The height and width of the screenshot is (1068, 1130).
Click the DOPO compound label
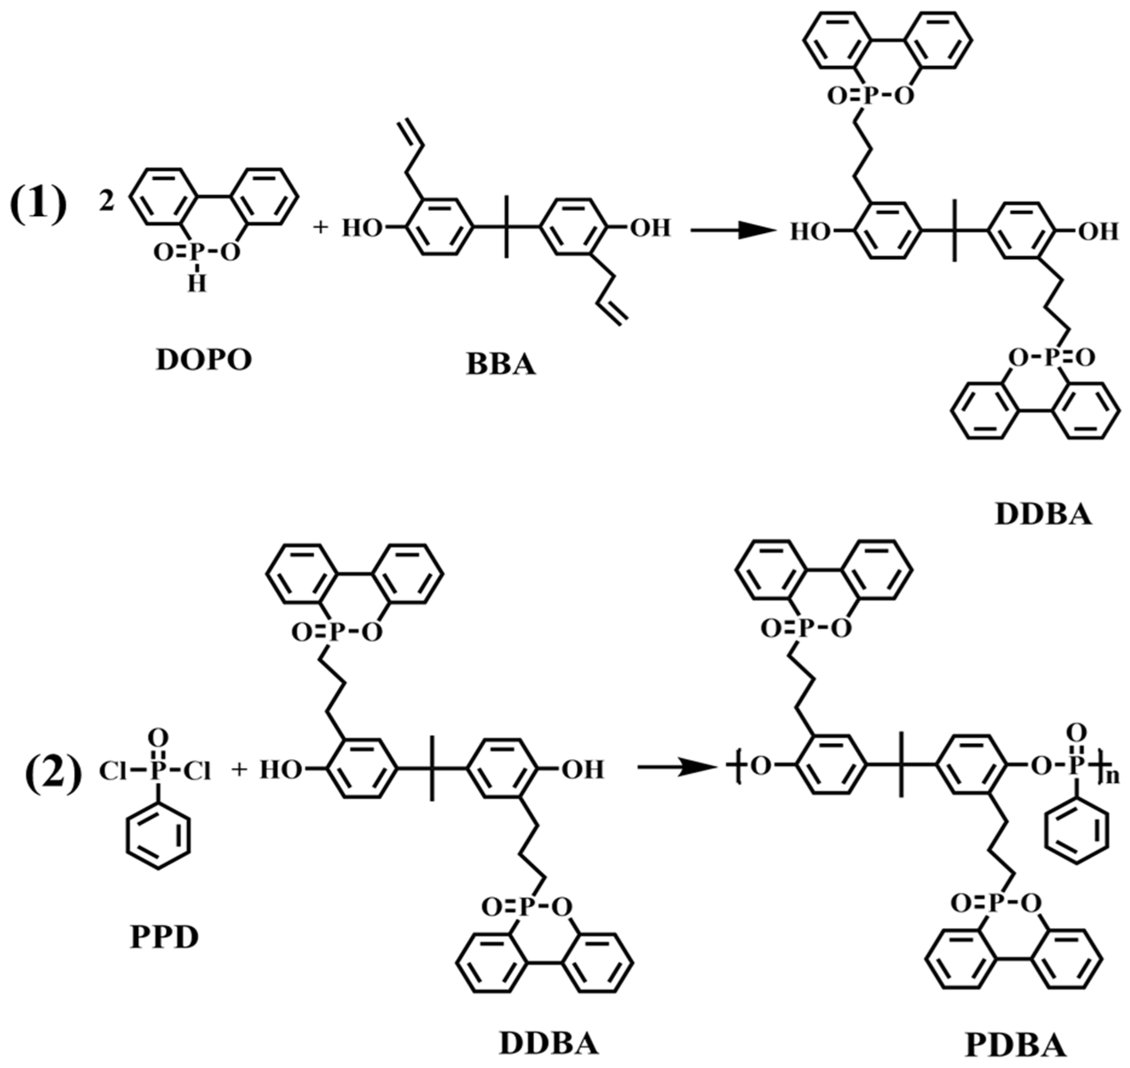pyautogui.click(x=204, y=360)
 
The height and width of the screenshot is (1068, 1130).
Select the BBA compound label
pyautogui.click(x=501, y=365)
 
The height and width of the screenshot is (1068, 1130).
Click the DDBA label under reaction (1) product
pyautogui.click(x=1044, y=515)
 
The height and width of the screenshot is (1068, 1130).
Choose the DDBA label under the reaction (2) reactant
pyautogui.click(x=549, y=1044)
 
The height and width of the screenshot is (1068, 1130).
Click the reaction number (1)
pyautogui.click(x=38, y=204)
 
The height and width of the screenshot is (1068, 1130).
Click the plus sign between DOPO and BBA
pyautogui.click(x=322, y=228)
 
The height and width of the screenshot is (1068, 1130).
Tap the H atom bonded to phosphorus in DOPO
pyautogui.click(x=197, y=283)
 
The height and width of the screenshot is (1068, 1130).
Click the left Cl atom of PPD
pyautogui.click(x=112, y=771)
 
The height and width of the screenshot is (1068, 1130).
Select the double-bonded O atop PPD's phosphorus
pyautogui.click(x=160, y=738)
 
